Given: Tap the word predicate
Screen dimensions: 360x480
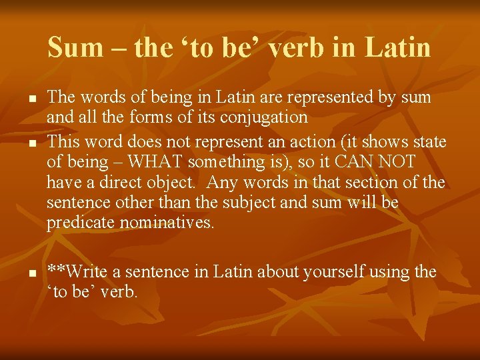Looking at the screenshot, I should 81,223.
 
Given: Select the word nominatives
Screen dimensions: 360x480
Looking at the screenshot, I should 167,223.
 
